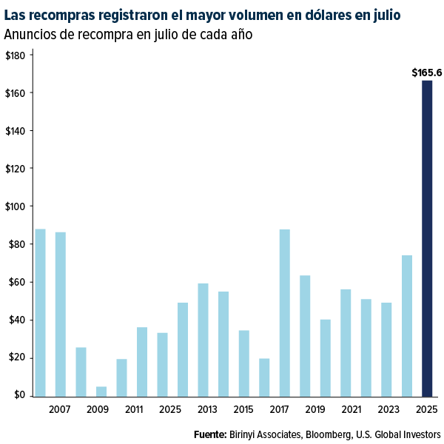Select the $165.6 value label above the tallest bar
(427, 73)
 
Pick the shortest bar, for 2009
(101, 391)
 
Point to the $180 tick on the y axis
(16, 55)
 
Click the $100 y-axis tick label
(16, 206)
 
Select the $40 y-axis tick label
(16, 320)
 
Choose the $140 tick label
(16, 131)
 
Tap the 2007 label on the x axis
(61, 408)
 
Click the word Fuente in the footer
(209, 434)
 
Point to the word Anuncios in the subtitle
(29, 35)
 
